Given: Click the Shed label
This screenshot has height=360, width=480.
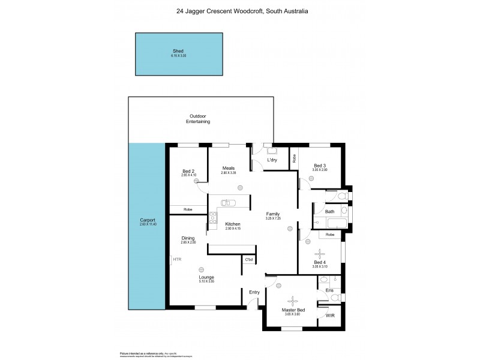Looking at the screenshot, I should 178,52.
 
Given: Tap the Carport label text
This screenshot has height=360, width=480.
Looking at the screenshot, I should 147,221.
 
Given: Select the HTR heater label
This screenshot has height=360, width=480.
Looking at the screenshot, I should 176,259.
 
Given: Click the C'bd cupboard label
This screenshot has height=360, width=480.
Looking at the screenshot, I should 248,259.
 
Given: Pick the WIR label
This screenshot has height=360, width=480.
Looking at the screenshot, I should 329,315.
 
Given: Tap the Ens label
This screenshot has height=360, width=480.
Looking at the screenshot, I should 329,290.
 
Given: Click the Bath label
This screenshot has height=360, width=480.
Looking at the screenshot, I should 329,211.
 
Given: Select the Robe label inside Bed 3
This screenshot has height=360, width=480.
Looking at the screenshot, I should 294,159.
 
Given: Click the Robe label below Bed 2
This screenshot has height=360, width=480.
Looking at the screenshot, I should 188,209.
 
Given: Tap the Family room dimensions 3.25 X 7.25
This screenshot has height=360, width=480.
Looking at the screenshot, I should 274,218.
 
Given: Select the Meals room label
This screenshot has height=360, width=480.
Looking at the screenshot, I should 227,168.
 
